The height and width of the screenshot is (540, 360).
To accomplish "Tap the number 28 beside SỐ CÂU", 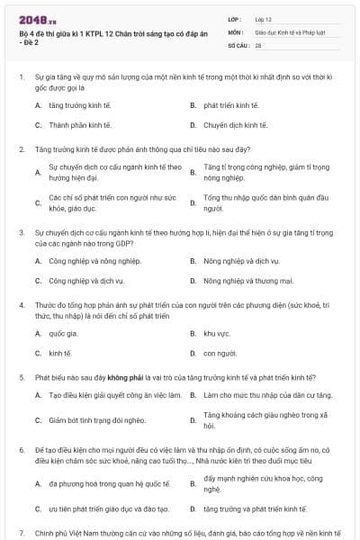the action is (x=258, y=43).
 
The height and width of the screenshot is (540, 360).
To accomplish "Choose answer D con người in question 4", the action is (x=220, y=353).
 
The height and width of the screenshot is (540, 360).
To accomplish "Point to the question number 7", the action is (x=20, y=531).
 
